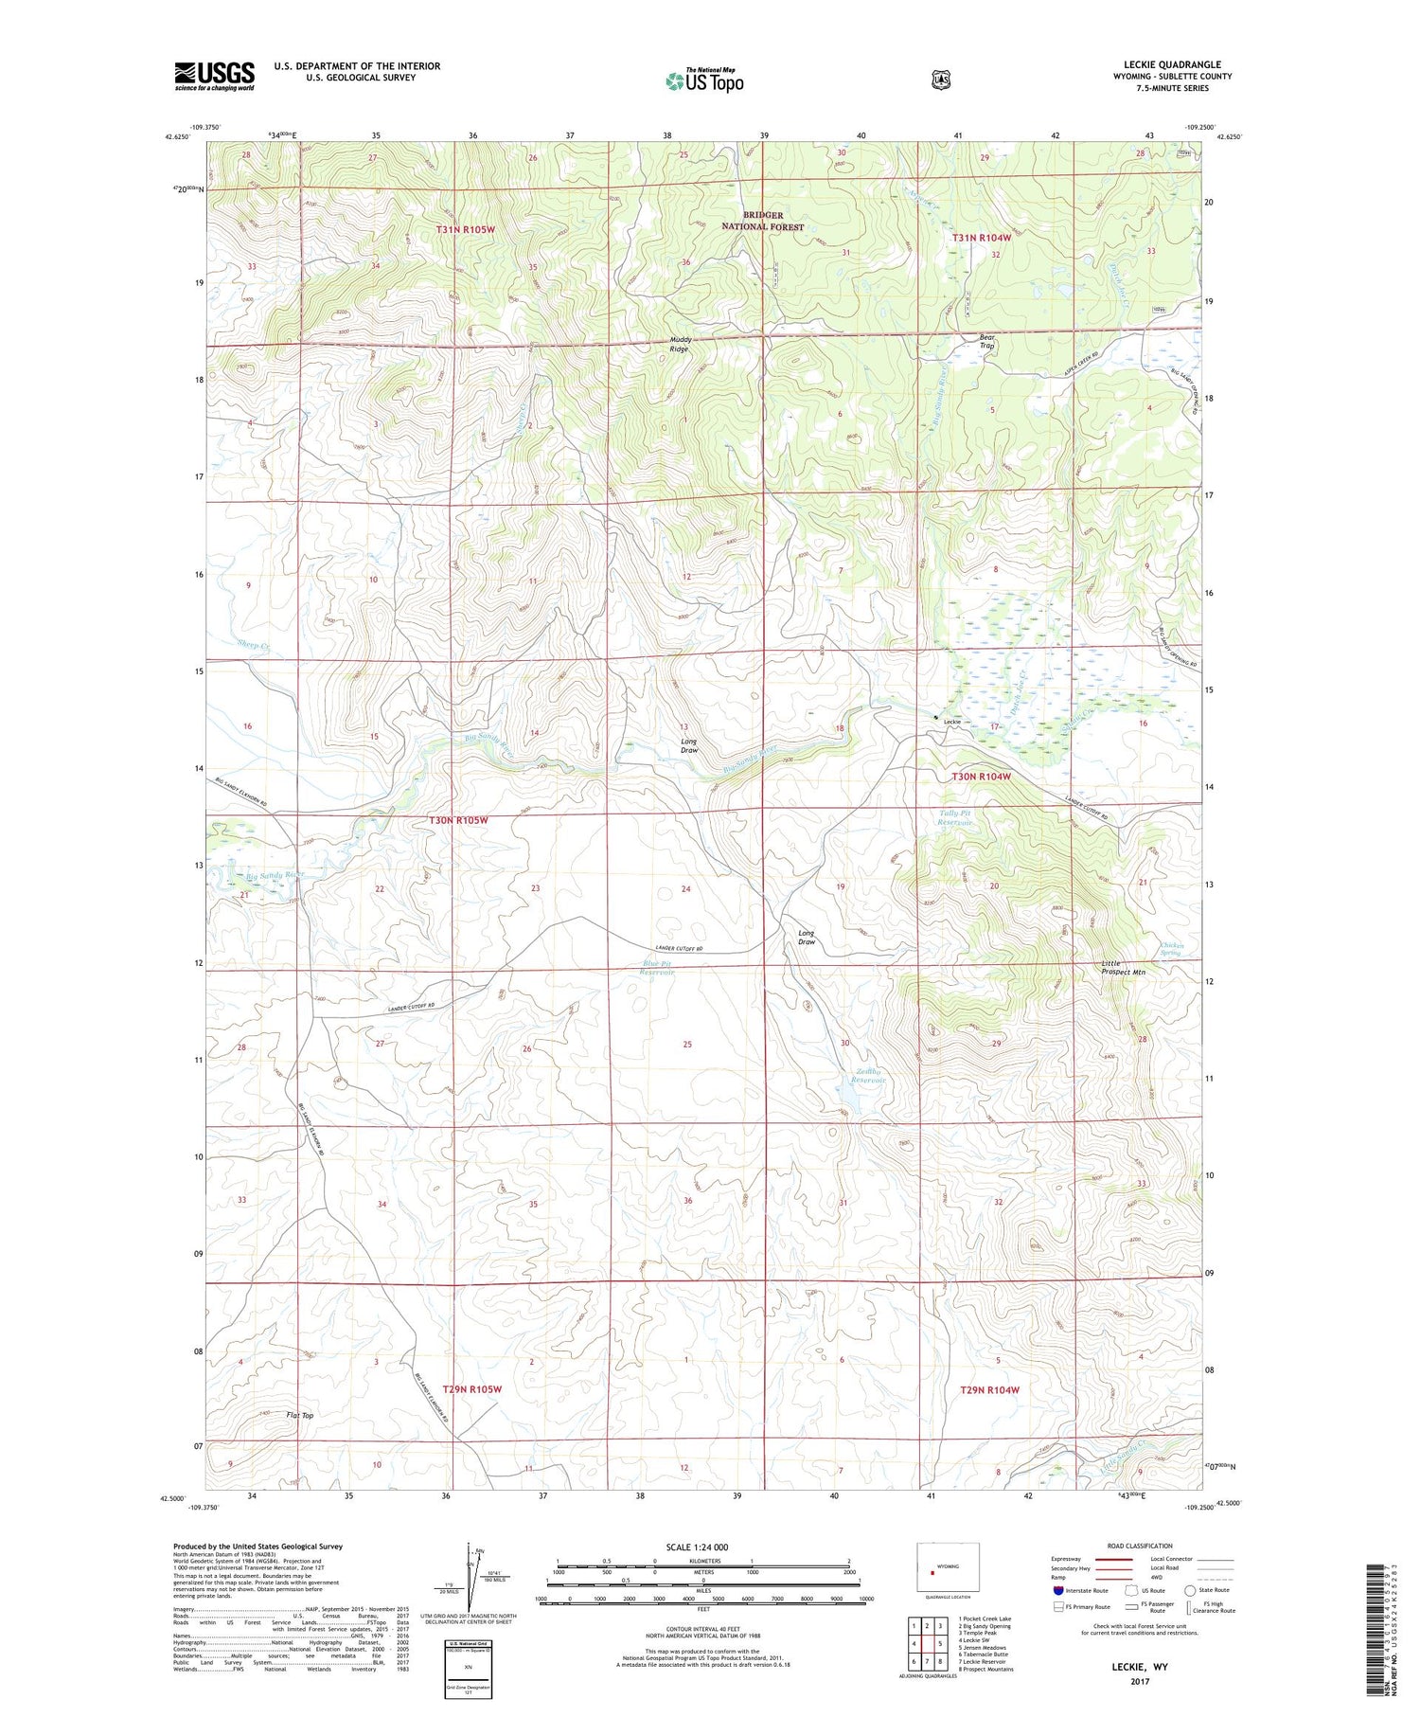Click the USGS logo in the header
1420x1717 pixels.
point(214,76)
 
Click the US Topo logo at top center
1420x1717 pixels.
point(704,80)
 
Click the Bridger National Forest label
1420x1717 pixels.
point(762,221)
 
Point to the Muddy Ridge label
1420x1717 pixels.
point(680,344)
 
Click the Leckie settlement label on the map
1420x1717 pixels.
point(951,722)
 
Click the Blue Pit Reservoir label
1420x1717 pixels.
point(656,967)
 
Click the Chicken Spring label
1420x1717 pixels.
point(1171,948)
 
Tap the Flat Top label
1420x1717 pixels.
point(299,1416)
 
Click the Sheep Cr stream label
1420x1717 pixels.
point(254,645)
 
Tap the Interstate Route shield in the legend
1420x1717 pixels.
point(1058,1590)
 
